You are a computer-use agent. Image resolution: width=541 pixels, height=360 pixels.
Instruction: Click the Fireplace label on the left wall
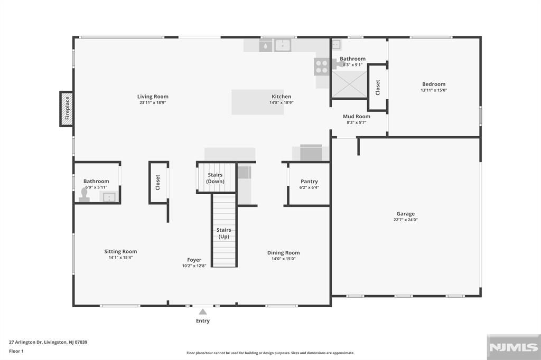pyautogui.click(x=67, y=109)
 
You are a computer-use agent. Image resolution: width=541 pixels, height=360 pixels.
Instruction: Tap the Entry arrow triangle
pyautogui.click(x=203, y=312)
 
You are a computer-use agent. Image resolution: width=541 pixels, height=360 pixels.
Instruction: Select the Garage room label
pyautogui.click(x=405, y=214)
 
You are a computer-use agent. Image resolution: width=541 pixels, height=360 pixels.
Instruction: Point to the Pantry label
pyautogui.click(x=309, y=182)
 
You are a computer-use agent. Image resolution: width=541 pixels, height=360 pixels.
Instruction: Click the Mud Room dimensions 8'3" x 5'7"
pyautogui.click(x=357, y=122)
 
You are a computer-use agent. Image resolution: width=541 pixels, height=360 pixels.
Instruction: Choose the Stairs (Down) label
pyautogui.click(x=216, y=178)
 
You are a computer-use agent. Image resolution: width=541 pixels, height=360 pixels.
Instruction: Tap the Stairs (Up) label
pyautogui.click(x=223, y=233)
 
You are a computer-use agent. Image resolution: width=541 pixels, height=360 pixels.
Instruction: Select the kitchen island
pyautogui.click(x=258, y=102)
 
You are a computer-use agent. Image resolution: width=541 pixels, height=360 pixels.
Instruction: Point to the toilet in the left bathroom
pyautogui.click(x=84, y=195)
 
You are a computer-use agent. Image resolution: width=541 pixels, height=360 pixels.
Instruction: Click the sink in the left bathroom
pyautogui.click(x=109, y=197)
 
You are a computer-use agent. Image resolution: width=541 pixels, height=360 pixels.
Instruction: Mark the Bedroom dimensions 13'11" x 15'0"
pyautogui.click(x=434, y=90)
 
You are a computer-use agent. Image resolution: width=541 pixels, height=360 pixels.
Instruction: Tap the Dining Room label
pyautogui.click(x=283, y=253)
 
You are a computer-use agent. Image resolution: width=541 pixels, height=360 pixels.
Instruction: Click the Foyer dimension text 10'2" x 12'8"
pyautogui.click(x=194, y=266)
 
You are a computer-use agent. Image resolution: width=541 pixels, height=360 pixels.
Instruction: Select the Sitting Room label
pyautogui.click(x=120, y=251)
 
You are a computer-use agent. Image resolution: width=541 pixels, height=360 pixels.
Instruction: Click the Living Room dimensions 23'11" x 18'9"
pyautogui.click(x=153, y=103)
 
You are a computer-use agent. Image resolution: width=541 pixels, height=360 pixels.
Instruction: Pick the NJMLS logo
pyautogui.click(x=514, y=347)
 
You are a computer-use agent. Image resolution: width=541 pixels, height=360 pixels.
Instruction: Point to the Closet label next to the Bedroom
pyautogui.click(x=377, y=88)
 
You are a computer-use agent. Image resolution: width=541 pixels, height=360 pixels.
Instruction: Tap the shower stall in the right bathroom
pyautogui.click(x=350, y=84)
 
